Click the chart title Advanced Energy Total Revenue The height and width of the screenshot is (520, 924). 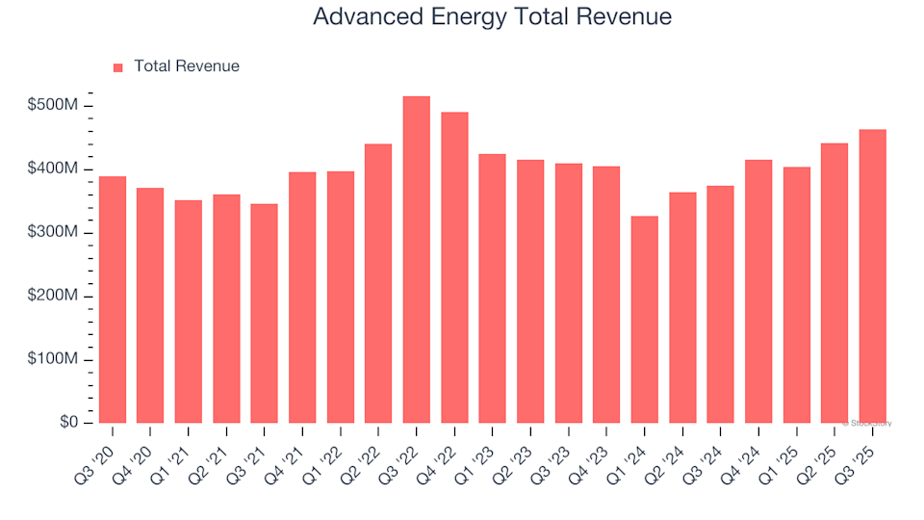(x=492, y=17)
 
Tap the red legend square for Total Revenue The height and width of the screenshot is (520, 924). (x=118, y=67)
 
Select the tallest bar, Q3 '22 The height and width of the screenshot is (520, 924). (x=416, y=260)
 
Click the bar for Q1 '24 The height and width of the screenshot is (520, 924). (x=645, y=320)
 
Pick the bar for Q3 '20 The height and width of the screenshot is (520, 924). (x=112, y=299)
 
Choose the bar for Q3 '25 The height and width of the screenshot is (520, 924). (x=872, y=276)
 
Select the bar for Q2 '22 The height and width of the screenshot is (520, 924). (x=378, y=284)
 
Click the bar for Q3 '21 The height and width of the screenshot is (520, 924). (x=264, y=313)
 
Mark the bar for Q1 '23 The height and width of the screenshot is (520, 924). (x=492, y=289)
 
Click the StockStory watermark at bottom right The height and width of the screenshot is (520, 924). (x=867, y=423)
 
